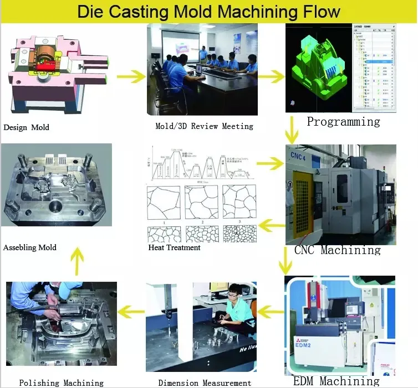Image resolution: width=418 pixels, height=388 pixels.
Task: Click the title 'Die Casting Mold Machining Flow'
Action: pos(208,12)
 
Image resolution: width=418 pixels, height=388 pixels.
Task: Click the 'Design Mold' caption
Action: pos(26,127)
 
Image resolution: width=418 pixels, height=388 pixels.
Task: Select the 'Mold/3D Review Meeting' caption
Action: pos(204,126)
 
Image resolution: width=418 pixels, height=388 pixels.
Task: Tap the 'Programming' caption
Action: pos(343,122)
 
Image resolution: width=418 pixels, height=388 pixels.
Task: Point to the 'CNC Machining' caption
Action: pos(337,250)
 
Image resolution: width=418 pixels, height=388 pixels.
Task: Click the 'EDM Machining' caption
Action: pos(336,381)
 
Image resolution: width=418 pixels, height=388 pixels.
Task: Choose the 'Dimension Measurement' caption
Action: pos(205,382)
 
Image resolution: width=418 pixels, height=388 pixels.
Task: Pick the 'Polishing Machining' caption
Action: pos(61,382)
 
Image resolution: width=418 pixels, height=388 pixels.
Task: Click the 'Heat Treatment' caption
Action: pos(174,247)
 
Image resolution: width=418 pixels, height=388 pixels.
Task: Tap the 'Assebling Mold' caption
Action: pos(30,247)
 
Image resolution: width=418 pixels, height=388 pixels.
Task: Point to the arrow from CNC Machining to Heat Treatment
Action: pos(272,224)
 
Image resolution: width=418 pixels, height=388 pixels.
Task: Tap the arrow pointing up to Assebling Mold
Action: pos(78,261)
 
